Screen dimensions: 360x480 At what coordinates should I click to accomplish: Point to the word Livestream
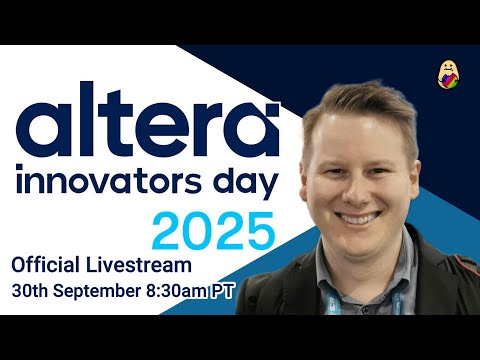(144, 265)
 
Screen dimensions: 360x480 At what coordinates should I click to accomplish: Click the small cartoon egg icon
(449, 74)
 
